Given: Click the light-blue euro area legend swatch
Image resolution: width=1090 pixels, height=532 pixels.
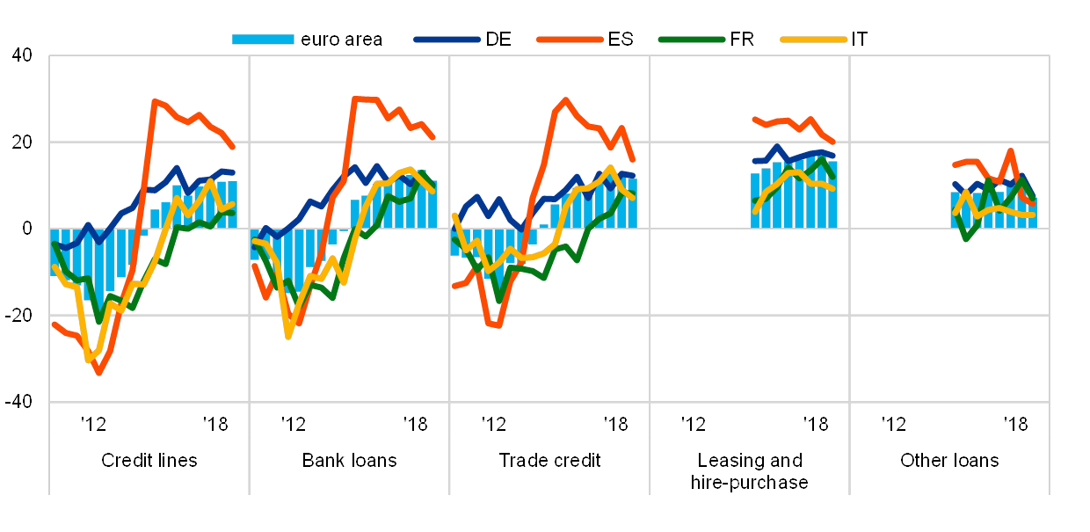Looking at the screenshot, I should (263, 40).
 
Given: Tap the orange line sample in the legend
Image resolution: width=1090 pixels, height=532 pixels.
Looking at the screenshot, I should (572, 40).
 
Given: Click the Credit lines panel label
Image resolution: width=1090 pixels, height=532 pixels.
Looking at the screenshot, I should (149, 461).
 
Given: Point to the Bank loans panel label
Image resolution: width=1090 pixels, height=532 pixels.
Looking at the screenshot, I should (350, 461).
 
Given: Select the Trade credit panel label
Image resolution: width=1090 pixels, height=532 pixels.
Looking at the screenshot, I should (549, 461).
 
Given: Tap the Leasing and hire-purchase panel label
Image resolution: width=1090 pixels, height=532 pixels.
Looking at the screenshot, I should (750, 471).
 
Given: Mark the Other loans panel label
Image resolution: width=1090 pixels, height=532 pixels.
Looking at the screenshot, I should (949, 461).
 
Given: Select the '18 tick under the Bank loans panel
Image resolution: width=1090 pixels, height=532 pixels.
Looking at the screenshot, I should (415, 425).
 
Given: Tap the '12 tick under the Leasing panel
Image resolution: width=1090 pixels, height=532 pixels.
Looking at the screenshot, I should (694, 425).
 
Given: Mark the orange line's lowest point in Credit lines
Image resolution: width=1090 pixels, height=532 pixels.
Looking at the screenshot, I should (98, 374).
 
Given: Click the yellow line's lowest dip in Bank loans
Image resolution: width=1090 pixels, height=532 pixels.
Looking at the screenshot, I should (288, 337).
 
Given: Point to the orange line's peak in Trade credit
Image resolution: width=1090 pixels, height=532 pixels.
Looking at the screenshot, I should (565, 99).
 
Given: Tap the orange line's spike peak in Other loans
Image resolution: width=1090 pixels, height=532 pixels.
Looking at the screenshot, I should (1011, 150).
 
